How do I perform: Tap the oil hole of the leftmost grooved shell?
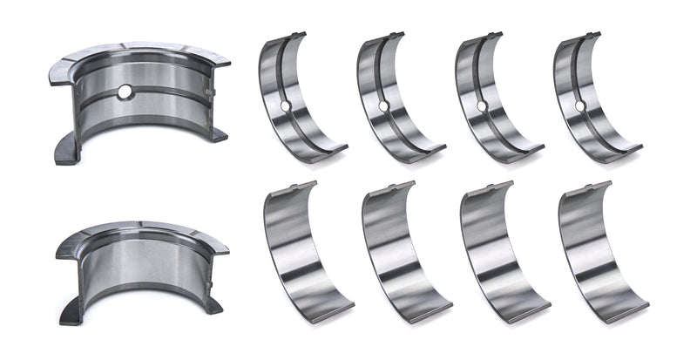[285, 106]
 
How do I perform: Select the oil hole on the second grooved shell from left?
[383, 106]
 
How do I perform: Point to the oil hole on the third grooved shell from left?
[481, 106]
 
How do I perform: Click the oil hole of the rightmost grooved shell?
[579, 106]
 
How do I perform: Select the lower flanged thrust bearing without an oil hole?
[139, 266]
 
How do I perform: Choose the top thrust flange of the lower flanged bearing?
[139, 231]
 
